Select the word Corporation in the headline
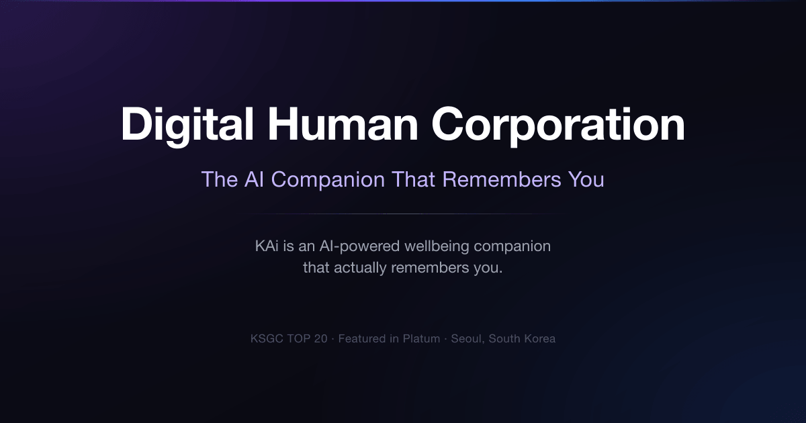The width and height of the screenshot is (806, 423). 558,126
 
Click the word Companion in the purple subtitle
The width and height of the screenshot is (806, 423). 328,180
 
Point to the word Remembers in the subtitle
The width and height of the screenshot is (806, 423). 502,179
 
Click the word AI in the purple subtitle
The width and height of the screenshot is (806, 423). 254,179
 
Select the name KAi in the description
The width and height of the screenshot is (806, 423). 267,246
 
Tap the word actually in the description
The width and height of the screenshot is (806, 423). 360,269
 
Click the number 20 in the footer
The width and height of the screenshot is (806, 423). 320,339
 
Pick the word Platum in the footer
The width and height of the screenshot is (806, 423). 421,339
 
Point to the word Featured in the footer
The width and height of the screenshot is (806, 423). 361,339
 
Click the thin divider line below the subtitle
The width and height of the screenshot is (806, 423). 403,214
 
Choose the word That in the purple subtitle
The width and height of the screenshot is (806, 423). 414,179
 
